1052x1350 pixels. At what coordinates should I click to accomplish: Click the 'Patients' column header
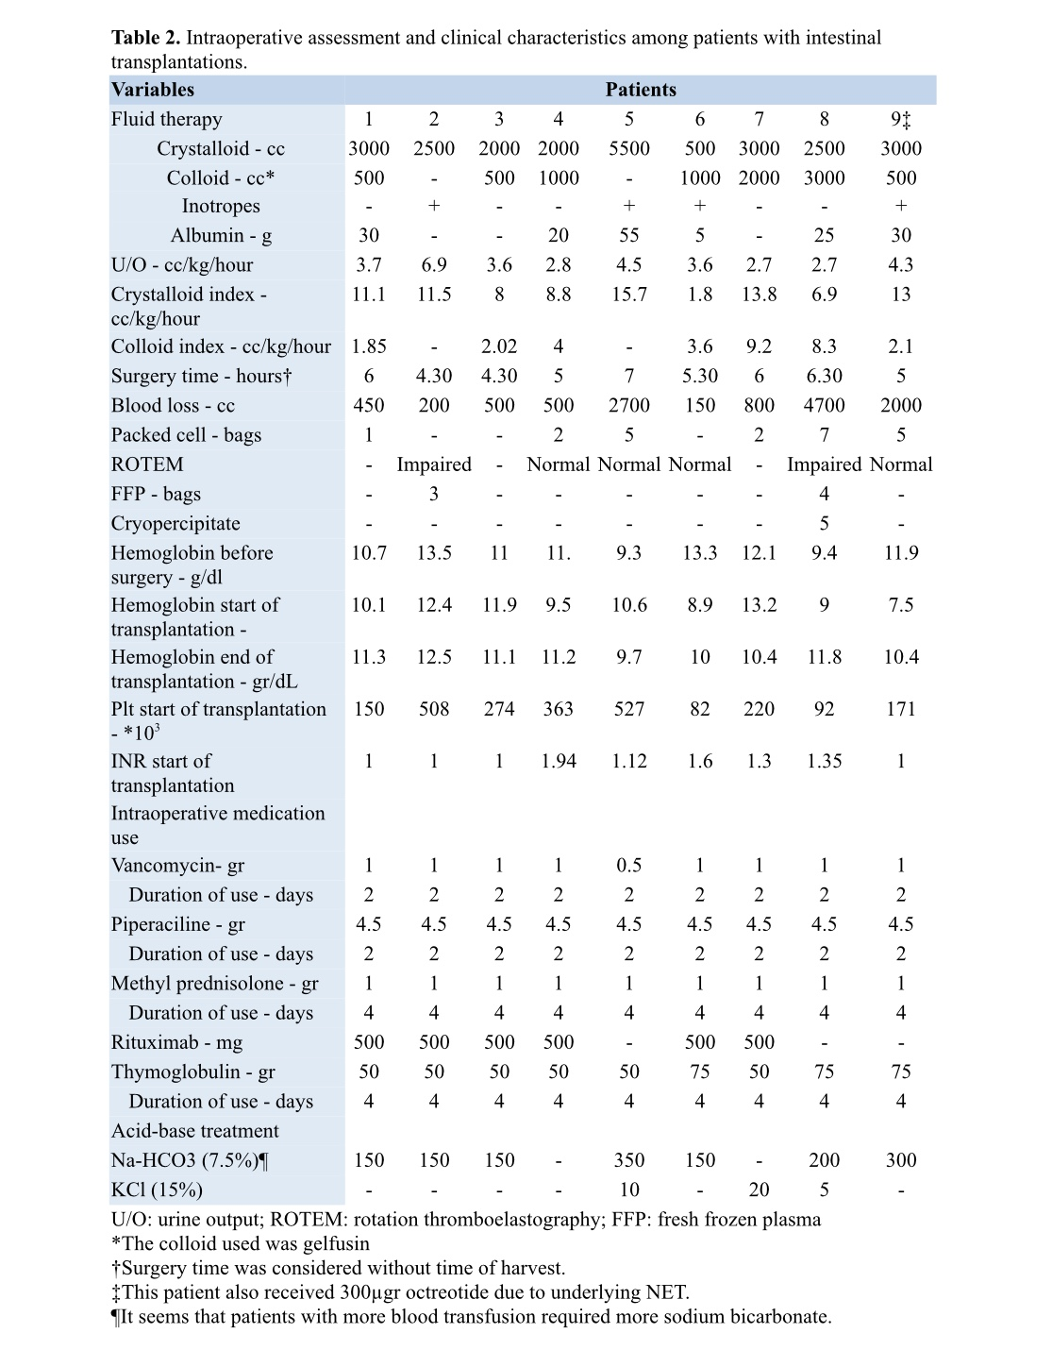[x=641, y=90]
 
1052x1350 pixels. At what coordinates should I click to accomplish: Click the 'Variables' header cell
[x=153, y=90]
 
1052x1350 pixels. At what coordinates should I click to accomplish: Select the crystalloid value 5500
[x=629, y=148]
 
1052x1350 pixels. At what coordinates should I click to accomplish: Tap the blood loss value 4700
[x=825, y=405]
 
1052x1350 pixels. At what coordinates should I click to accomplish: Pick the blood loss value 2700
[x=629, y=405]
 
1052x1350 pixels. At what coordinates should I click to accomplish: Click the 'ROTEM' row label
[x=147, y=464]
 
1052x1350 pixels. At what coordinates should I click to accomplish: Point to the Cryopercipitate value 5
[x=825, y=523]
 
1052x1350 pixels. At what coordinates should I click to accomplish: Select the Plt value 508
[x=434, y=709]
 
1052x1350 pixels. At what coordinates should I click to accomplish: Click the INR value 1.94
[x=559, y=761]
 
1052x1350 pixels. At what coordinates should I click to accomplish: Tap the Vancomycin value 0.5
[x=629, y=866]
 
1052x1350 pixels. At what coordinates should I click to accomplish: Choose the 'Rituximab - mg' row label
[x=176, y=1042]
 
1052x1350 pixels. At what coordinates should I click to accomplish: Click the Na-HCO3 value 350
[x=629, y=1160]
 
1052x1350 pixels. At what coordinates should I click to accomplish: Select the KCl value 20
[x=759, y=1190]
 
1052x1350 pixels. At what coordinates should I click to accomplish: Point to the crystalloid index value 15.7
[x=629, y=295]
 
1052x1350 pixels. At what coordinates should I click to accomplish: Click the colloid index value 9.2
[x=759, y=346]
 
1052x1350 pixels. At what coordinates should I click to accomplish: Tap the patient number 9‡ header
[x=901, y=119]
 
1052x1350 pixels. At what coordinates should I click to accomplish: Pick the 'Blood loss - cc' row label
[x=173, y=406]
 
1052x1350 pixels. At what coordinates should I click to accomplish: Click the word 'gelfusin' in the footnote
[x=336, y=1243]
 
